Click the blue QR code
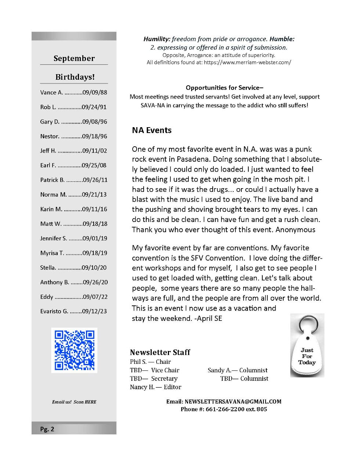74,350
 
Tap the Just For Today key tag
307,353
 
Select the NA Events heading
152,130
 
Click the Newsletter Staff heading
160,352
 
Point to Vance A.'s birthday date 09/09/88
95,92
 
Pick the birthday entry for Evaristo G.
73,311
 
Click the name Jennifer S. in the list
54,238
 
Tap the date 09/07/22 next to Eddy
95,297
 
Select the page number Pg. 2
47,429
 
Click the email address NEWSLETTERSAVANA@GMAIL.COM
233,401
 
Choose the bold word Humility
157,39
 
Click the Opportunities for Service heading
224,87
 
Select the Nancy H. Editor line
155,387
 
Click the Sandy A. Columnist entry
237,370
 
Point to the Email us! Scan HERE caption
74,402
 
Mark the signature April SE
209,318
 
